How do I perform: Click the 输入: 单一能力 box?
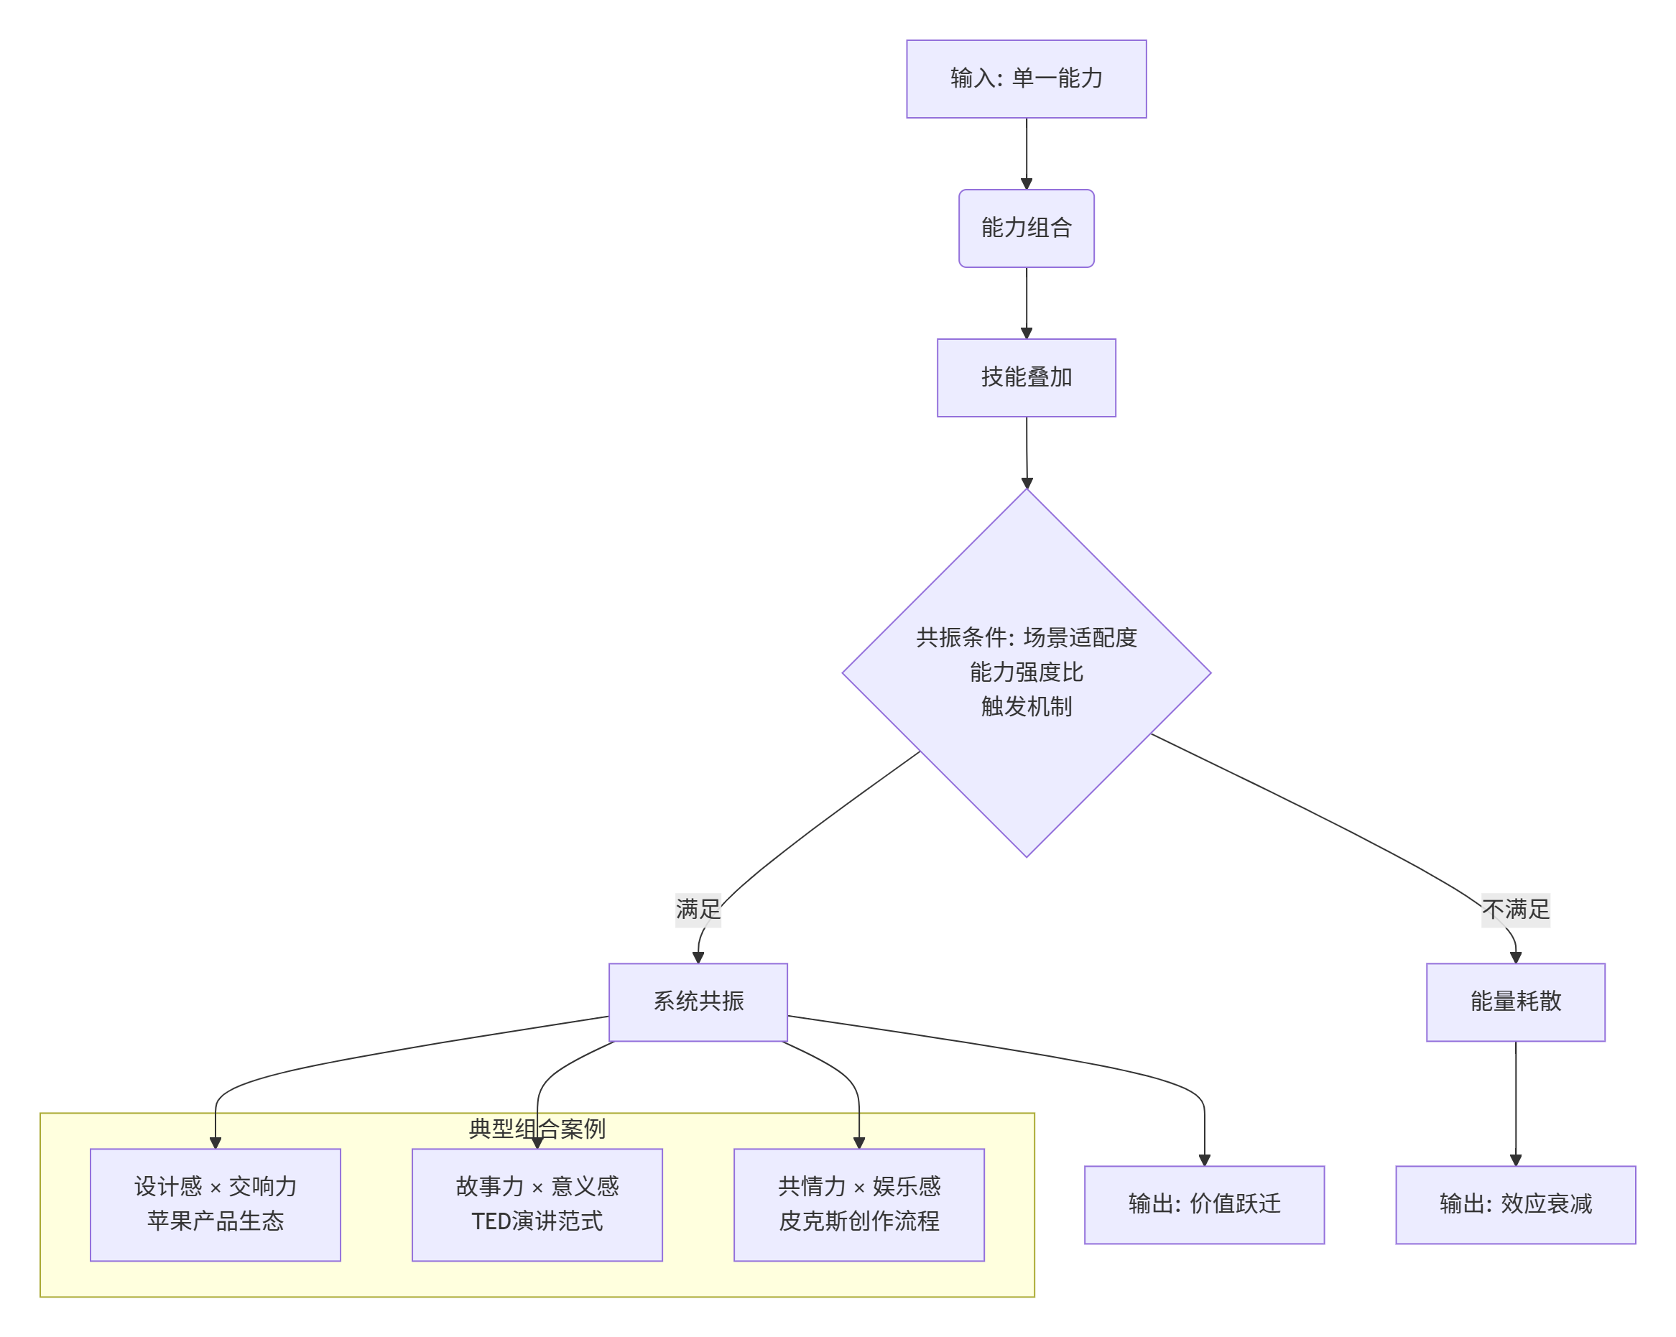1026,78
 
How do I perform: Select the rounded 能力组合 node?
1026,228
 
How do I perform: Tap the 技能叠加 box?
1026,377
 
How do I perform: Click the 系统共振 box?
698,1001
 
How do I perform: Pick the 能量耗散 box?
1515,1001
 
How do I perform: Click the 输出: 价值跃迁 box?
1204,1204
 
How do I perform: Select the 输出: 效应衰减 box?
1515,1204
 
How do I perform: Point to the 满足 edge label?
698,909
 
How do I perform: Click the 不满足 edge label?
1515,909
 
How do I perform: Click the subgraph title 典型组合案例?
537,1129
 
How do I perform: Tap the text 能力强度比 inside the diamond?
1026,672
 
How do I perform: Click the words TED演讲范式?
537,1221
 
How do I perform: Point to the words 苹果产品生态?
216,1221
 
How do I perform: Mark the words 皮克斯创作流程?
859,1221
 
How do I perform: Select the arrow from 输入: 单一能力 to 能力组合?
1026,153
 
